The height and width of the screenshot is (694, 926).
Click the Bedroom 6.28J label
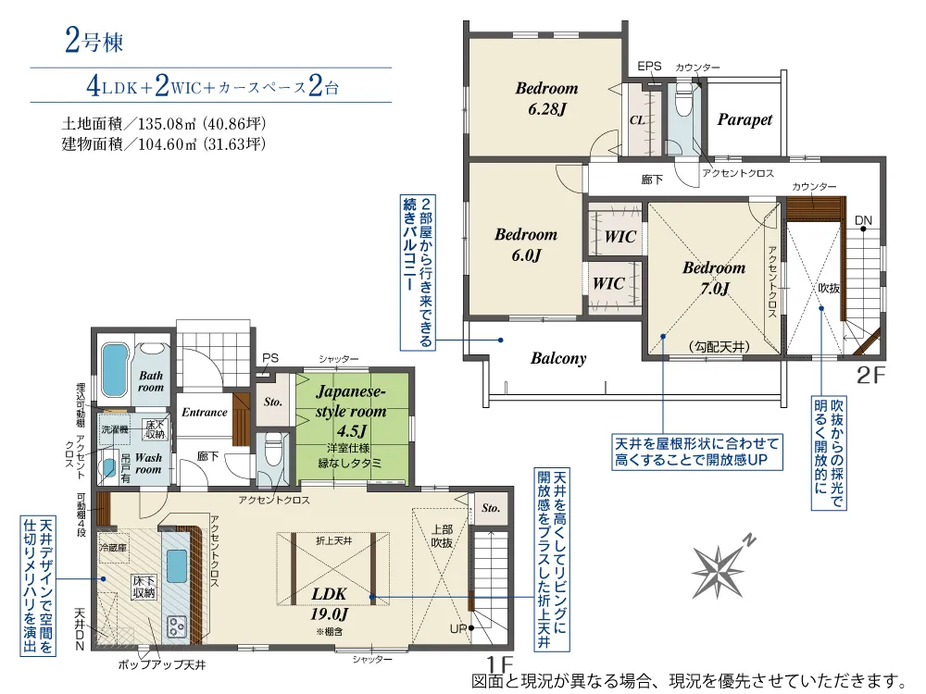pos(547,99)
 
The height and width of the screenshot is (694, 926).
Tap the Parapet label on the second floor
pos(745,119)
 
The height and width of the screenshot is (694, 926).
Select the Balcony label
pos(558,358)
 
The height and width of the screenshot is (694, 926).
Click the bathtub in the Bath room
pos(115,370)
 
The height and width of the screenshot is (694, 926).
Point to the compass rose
pos(720,567)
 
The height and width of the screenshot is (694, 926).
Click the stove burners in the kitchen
pos(177,626)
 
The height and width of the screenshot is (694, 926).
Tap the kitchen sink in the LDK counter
pos(177,566)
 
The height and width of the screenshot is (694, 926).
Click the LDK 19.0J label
pos(329,603)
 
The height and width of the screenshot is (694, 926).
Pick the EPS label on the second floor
pos(649,66)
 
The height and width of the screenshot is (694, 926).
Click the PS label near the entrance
pos(270,358)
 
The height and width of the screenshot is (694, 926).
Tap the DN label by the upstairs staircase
pos(863,221)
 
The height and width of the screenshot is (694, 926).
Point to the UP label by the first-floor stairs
pos(458,629)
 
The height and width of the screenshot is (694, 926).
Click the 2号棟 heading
pos(94,41)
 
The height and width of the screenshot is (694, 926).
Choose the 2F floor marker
pos(871,376)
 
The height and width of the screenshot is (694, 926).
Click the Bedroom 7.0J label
pos(714,278)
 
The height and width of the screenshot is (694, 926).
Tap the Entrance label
pos(205,412)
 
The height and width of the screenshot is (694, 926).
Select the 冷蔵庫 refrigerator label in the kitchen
pos(113,547)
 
